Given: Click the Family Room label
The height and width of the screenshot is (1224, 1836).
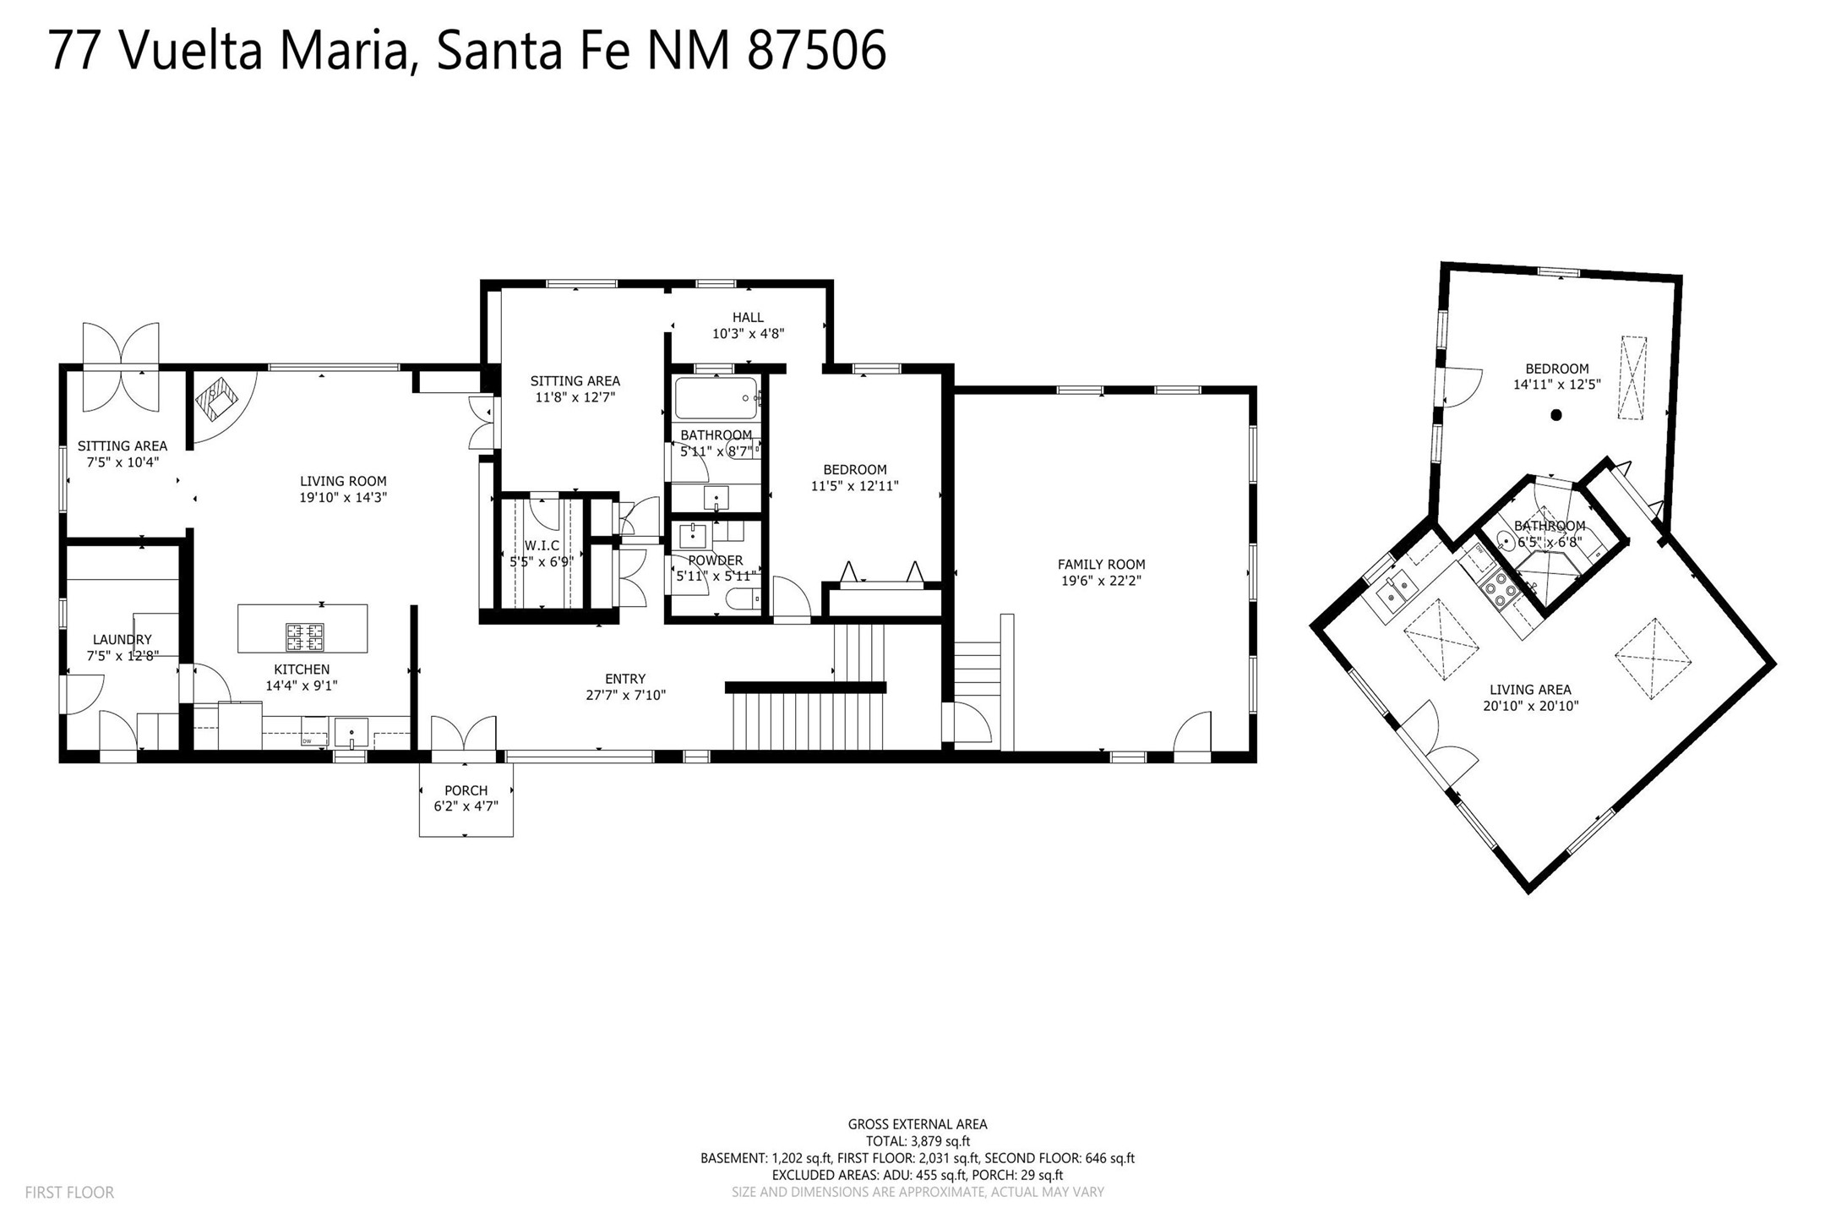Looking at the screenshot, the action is (x=1101, y=565).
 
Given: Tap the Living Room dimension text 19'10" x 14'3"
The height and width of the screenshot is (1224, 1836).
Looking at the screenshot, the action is (x=343, y=498).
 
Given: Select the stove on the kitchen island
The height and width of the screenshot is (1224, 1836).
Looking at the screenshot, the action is (x=304, y=636).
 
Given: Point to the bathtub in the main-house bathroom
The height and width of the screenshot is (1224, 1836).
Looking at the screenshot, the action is (x=716, y=398).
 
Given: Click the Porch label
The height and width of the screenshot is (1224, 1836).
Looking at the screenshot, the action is (x=466, y=791).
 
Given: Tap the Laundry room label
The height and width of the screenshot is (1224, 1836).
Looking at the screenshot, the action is (x=123, y=640).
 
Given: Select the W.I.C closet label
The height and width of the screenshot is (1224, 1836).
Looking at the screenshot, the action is (x=542, y=546).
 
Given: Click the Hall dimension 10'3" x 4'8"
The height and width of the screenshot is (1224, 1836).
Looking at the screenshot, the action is (x=748, y=334).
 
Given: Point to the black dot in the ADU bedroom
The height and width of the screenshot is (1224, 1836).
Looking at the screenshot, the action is (x=1556, y=415).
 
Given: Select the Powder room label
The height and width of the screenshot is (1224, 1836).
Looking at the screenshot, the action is (x=716, y=560).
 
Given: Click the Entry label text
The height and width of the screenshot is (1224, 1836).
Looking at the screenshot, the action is (x=625, y=679).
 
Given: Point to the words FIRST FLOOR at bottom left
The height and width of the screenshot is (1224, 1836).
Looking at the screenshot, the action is (x=69, y=1193).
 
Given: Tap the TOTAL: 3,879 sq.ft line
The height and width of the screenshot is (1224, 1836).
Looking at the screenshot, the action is (x=918, y=1141).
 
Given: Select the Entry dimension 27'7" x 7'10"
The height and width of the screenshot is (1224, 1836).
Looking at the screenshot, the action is (x=625, y=696).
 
